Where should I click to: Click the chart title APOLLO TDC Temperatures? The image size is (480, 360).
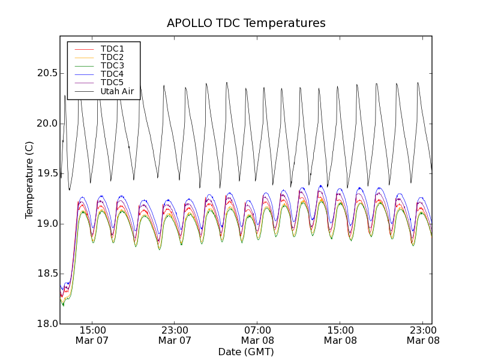click(246, 23)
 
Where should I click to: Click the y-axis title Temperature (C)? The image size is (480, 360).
click(29, 180)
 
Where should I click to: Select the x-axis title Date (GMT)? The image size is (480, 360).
click(246, 352)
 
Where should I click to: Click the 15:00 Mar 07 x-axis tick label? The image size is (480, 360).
click(92, 335)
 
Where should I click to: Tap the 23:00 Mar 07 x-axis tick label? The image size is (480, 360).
click(175, 335)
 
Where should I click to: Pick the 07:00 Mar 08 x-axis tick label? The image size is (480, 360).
click(257, 335)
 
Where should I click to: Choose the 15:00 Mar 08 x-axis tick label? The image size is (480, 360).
click(340, 335)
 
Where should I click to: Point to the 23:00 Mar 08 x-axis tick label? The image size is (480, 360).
click(423, 335)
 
